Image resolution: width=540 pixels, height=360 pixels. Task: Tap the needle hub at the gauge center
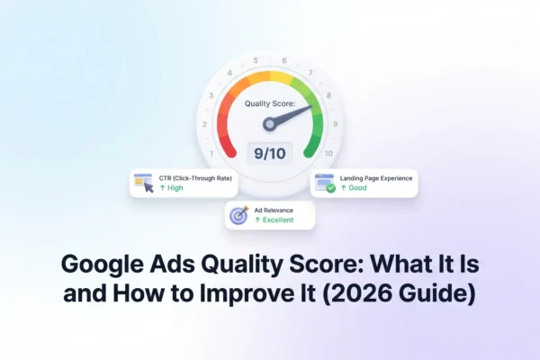(269, 124)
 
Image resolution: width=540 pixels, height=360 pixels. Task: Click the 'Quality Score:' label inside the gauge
(269, 103)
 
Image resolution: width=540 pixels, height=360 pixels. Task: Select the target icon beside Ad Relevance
(238, 215)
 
